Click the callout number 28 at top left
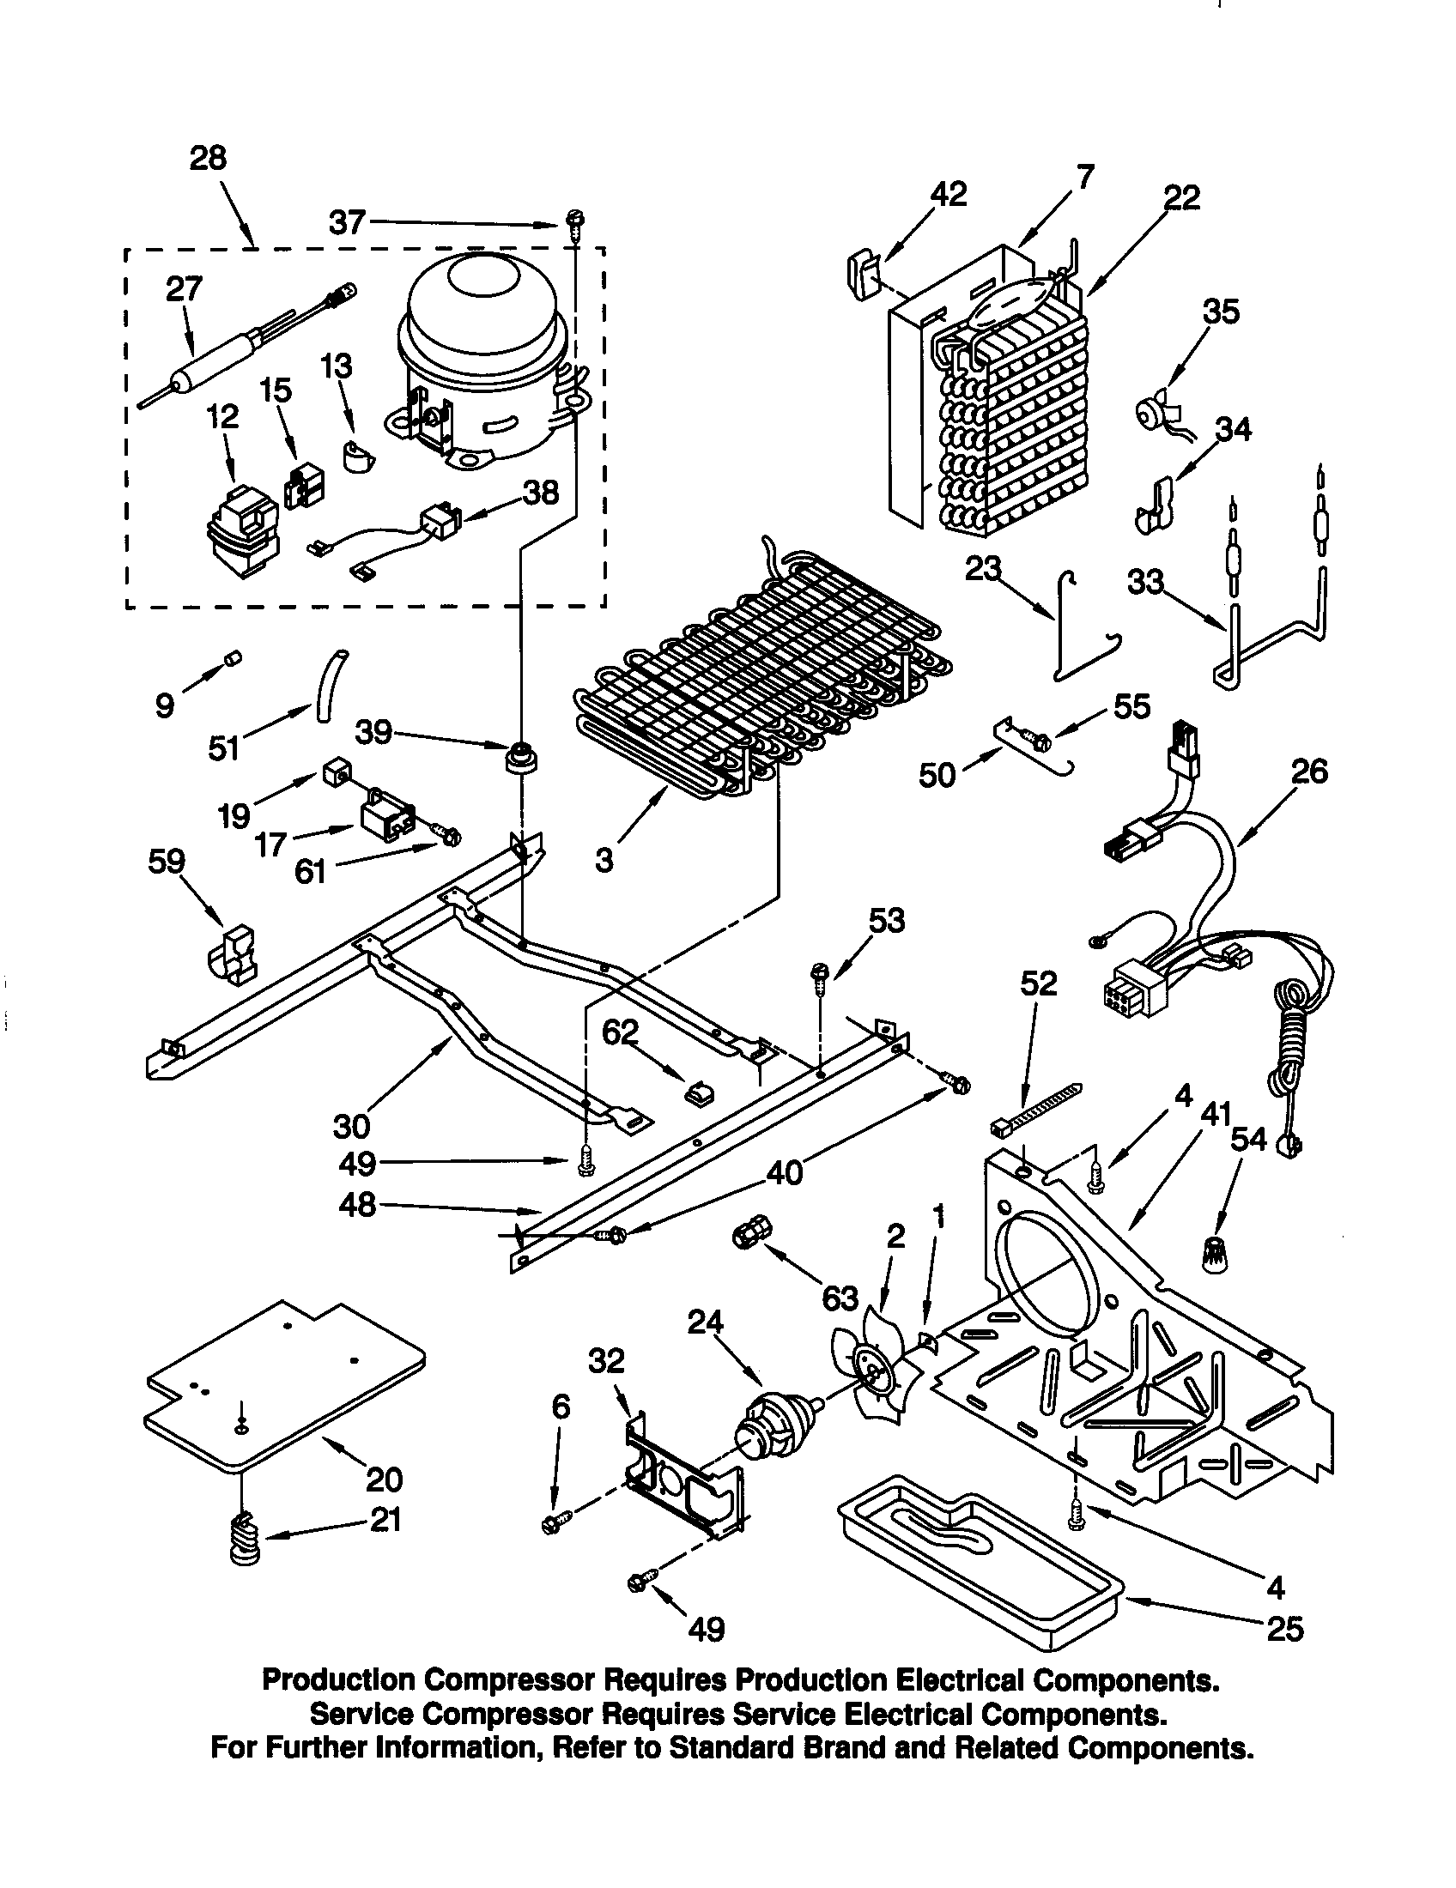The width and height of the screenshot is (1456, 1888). pos(208,158)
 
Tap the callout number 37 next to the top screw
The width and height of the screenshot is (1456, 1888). pos(348,223)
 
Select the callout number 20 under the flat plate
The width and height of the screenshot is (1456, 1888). pos(384,1480)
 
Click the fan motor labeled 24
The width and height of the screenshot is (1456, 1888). pos(773,1425)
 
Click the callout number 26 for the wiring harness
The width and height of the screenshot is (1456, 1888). pos(1308,771)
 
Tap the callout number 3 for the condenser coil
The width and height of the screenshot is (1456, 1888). pos(604,860)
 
